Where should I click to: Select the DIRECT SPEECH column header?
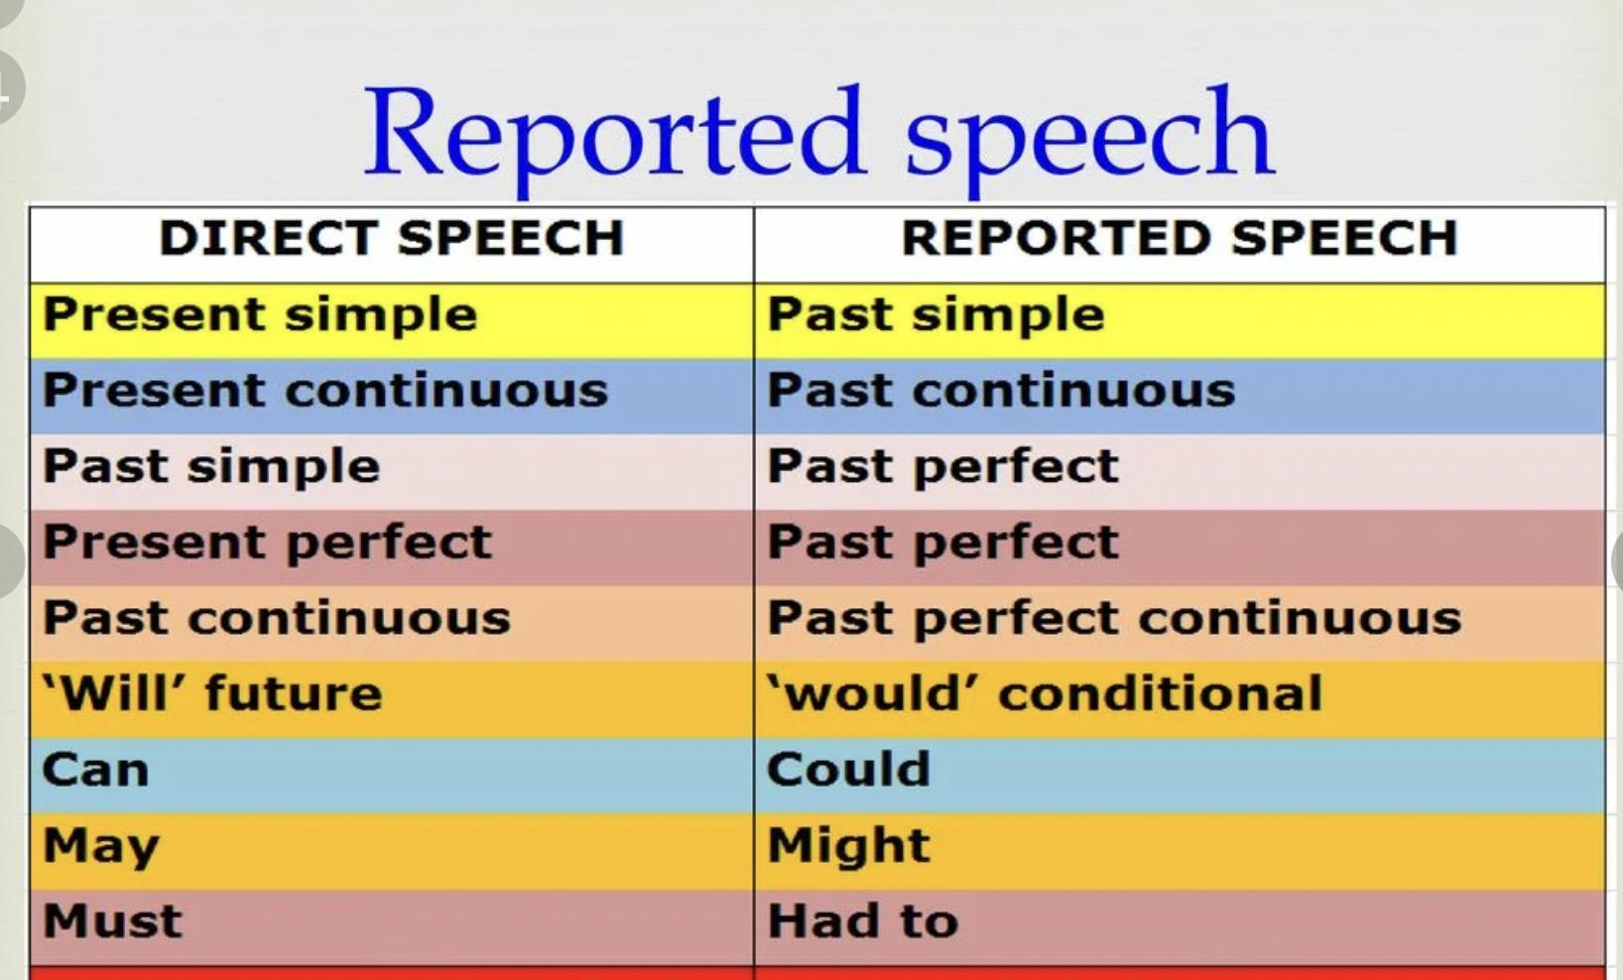tap(392, 238)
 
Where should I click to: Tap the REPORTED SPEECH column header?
tap(1180, 238)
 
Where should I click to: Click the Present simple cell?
tap(260, 316)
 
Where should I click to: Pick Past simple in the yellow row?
tap(936, 316)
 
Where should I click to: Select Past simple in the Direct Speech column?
tap(211, 468)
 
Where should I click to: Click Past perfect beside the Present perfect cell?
tap(942, 544)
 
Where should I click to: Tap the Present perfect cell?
tap(268, 544)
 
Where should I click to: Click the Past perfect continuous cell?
tap(1114, 620)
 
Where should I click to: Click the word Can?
tap(95, 770)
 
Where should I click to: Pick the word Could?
tap(848, 769)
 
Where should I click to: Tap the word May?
tap(101, 847)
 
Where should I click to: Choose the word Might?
tap(848, 846)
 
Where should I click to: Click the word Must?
tap(112, 920)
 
